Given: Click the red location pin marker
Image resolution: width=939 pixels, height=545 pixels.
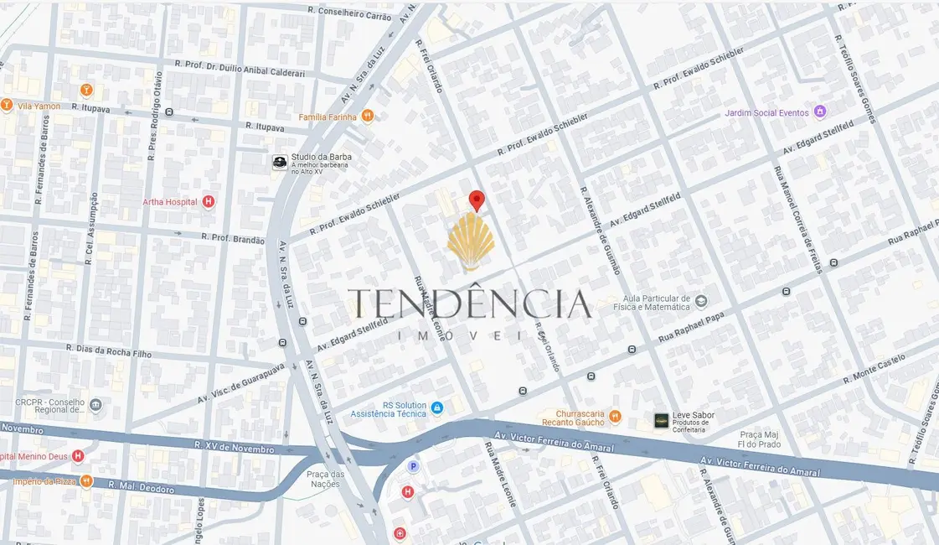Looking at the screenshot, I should coord(477,200).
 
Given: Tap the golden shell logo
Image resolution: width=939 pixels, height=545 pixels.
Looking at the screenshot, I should coord(471,241).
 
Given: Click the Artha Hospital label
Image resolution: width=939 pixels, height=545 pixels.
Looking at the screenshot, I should coord(170,201).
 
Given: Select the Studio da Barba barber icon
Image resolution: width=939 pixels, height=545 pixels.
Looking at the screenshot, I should coord(280,162).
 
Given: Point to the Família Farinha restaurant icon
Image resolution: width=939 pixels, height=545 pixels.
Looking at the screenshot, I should coord(367,117).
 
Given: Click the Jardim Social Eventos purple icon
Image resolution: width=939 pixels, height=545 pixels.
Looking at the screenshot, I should coord(820,112).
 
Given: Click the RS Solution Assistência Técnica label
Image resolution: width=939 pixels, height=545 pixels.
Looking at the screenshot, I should coord(400,409).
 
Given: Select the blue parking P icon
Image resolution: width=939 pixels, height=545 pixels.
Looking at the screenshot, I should coord(412,466).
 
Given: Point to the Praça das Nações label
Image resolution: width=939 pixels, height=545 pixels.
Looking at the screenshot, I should coord(325,480).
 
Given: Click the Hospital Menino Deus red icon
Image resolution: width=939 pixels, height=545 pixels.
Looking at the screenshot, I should coord(78,456).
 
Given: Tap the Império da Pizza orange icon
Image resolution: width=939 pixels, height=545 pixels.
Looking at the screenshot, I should coord(86,482).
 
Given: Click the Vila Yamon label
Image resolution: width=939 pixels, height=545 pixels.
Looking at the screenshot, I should coord(39,106).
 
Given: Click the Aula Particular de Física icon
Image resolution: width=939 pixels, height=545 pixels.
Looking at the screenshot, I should coord(701,302).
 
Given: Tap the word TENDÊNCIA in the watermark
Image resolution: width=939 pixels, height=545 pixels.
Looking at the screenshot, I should coord(469,304).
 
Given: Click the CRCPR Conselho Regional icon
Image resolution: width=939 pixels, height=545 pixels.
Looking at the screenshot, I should coord(95,406).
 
